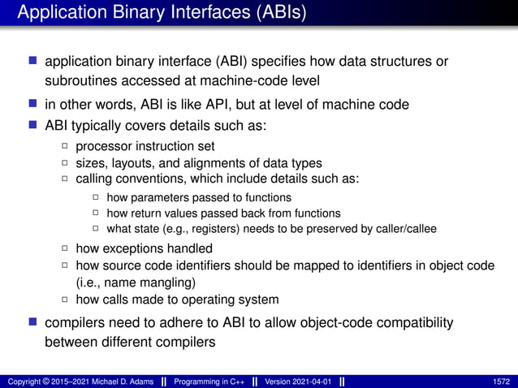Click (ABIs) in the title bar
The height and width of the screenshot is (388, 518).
pos(277,13)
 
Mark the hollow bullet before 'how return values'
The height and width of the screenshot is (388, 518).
pos(96,213)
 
